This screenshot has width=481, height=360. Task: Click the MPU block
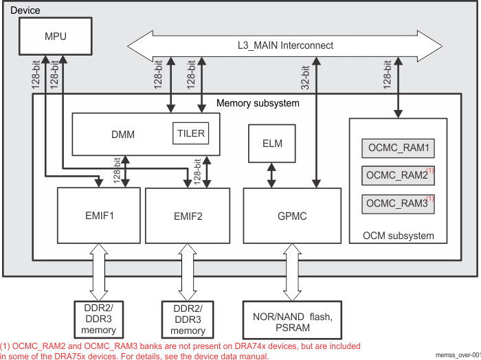point(55,36)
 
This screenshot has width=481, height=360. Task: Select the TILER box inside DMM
point(190,133)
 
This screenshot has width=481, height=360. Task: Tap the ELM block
point(272,144)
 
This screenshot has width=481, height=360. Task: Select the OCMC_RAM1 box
point(398,148)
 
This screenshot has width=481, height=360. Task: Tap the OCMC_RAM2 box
point(398,176)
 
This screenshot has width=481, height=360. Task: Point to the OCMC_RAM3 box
point(398,203)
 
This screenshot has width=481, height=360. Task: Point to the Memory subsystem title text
point(258,103)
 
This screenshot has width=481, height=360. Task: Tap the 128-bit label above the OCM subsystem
point(388,74)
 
